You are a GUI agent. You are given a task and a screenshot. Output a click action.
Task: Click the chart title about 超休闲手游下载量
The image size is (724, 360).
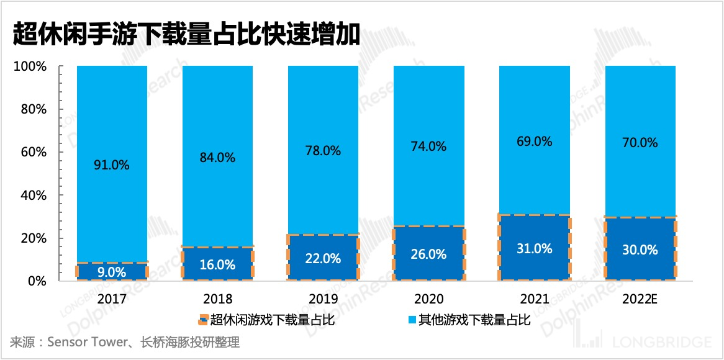[186, 34]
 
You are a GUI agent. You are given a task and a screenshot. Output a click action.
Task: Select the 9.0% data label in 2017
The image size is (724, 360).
[112, 272]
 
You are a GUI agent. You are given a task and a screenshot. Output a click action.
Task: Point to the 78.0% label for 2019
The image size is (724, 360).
[323, 151]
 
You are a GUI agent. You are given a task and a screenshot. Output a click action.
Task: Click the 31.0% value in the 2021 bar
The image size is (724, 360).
[534, 249]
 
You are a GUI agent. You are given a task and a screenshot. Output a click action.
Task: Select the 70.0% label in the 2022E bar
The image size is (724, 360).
[640, 143]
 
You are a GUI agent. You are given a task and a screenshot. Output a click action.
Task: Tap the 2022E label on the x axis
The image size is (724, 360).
[640, 299]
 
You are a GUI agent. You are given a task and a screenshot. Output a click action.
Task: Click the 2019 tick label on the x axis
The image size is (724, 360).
[323, 299]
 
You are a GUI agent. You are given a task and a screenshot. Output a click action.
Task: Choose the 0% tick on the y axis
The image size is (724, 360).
[36, 281]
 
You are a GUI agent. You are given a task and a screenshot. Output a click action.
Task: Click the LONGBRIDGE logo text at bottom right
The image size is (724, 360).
[661, 342]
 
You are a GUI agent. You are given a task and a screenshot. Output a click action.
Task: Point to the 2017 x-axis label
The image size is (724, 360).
[112, 299]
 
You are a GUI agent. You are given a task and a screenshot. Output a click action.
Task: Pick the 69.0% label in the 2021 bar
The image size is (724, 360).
[534, 142]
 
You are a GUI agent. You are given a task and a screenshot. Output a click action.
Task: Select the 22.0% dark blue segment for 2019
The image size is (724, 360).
[323, 258]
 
